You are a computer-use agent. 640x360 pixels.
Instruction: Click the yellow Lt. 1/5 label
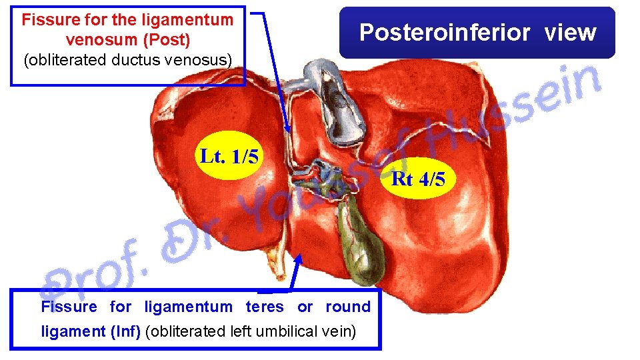tap(229, 157)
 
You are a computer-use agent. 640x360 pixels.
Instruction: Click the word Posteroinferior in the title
tap(445, 31)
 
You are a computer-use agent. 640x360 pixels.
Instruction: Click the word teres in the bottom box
tap(265, 307)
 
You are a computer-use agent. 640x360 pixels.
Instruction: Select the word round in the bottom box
tap(347, 307)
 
